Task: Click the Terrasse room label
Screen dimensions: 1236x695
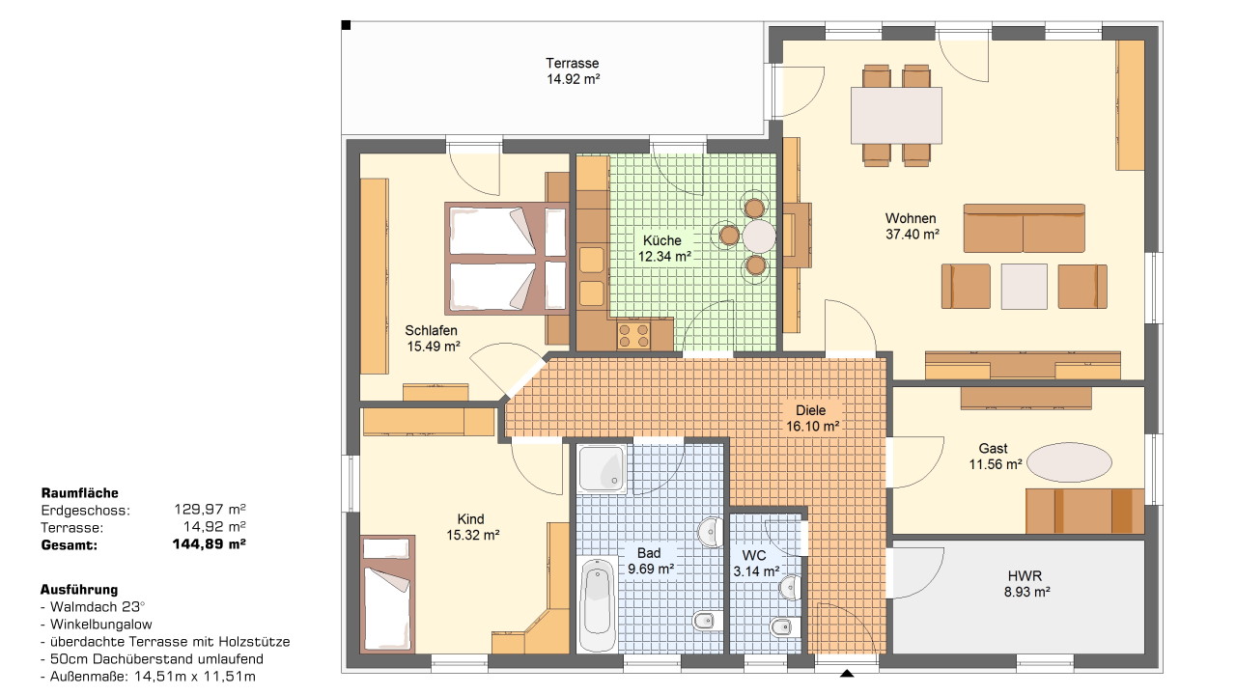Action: [x=573, y=64]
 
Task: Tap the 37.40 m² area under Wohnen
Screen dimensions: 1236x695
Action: [x=913, y=235]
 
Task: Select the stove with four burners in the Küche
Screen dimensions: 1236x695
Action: [x=633, y=335]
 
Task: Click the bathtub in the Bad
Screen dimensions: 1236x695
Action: [x=597, y=603]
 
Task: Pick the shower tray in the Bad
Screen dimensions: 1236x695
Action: [x=602, y=469]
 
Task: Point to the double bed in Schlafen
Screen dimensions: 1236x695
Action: [x=507, y=259]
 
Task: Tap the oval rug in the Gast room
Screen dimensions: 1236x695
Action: [x=1069, y=462]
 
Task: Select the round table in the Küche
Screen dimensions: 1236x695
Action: [x=759, y=236]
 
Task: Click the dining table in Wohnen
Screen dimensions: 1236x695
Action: [x=896, y=116]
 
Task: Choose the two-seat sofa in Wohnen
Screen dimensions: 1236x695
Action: [x=1025, y=229]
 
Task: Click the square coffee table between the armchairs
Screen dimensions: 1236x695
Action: [x=1025, y=287]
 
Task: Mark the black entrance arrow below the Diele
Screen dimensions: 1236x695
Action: [x=847, y=673]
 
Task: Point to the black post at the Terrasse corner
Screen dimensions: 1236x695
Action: [x=346, y=25]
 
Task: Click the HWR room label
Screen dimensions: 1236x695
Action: [x=1025, y=576]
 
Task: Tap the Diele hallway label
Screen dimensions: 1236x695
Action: [x=810, y=411]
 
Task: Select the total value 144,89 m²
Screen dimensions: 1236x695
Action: [x=210, y=544]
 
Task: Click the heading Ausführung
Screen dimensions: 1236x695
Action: [x=79, y=590]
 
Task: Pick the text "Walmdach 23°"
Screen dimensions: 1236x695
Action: [x=98, y=607]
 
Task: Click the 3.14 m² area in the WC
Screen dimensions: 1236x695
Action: [x=756, y=571]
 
